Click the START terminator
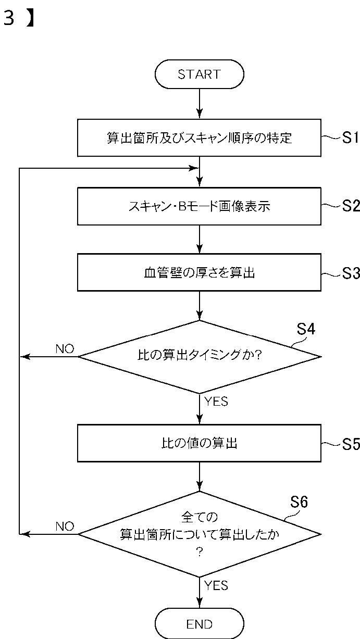199,74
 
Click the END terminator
199,624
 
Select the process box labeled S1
199,138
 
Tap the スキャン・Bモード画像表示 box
199,206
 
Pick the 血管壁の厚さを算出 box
199,272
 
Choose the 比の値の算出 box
199,443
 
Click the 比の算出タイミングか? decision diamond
200,357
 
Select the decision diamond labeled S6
200,534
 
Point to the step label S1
350,138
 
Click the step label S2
351,206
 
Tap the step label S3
351,273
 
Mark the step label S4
306,329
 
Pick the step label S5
351,444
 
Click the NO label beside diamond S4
65,348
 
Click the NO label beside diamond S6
65,527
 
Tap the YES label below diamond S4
216,402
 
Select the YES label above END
216,586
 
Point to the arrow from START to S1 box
200,104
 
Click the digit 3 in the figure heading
8,18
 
